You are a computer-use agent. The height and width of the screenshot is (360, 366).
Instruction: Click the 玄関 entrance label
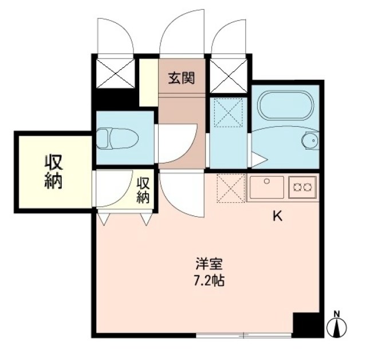(181, 78)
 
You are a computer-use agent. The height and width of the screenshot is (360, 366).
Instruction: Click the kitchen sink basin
(267, 186)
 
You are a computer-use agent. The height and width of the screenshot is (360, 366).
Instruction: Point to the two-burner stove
(303, 186)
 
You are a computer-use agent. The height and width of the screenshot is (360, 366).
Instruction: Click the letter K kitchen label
(277, 216)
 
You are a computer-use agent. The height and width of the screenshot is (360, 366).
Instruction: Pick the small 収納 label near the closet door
(143, 190)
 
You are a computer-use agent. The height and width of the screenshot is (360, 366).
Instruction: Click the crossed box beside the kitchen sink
(231, 188)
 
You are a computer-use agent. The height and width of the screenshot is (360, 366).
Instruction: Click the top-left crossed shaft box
(115, 72)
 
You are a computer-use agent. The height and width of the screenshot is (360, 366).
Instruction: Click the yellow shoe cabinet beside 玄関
(148, 81)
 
